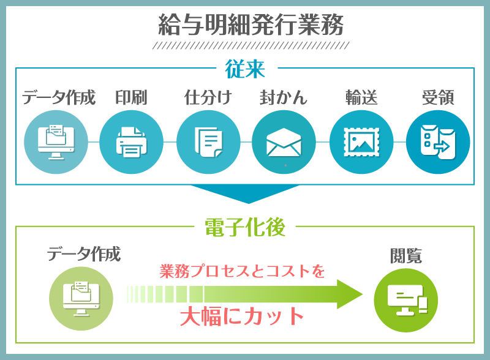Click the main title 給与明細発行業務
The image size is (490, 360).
click(x=251, y=24)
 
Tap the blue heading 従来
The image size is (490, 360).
click(x=245, y=69)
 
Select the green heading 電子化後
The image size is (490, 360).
click(x=245, y=227)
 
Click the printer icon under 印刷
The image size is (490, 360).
click(x=131, y=142)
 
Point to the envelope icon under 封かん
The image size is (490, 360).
click(x=284, y=142)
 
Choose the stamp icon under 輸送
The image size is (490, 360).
click(x=361, y=142)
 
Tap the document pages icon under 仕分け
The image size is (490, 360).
click(x=208, y=142)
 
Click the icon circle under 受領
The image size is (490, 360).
click(x=438, y=142)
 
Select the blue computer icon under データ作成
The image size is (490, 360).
click(x=56, y=142)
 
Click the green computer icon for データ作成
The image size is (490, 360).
click(x=81, y=298)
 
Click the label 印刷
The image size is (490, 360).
click(x=131, y=97)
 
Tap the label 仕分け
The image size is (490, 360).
click(x=208, y=97)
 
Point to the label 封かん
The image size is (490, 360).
click(x=284, y=97)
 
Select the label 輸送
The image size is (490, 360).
click(x=361, y=97)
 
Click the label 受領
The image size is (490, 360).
click(x=438, y=97)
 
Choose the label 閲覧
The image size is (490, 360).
click(x=406, y=256)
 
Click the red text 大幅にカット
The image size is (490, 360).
click(x=242, y=317)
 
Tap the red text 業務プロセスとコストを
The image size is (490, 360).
click(x=242, y=271)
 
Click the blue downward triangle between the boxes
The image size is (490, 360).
click(x=246, y=192)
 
